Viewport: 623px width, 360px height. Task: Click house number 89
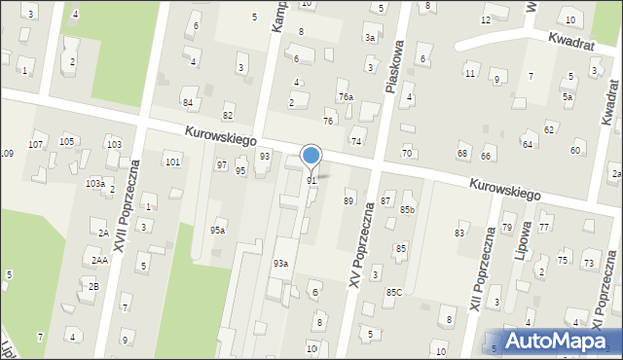click(x=348, y=200)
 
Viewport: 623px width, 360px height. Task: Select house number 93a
click(x=280, y=264)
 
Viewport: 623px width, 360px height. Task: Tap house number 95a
click(x=218, y=230)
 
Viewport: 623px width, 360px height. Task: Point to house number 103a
click(x=94, y=183)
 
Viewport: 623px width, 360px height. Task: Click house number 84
click(x=187, y=102)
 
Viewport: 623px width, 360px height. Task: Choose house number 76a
click(x=346, y=97)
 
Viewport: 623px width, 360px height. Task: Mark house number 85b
click(x=407, y=209)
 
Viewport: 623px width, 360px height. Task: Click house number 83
click(x=459, y=233)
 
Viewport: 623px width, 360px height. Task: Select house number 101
click(x=172, y=162)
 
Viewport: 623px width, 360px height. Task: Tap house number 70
click(x=407, y=154)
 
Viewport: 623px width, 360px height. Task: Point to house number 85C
click(x=394, y=292)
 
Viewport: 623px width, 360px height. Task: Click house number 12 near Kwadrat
click(x=486, y=19)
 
